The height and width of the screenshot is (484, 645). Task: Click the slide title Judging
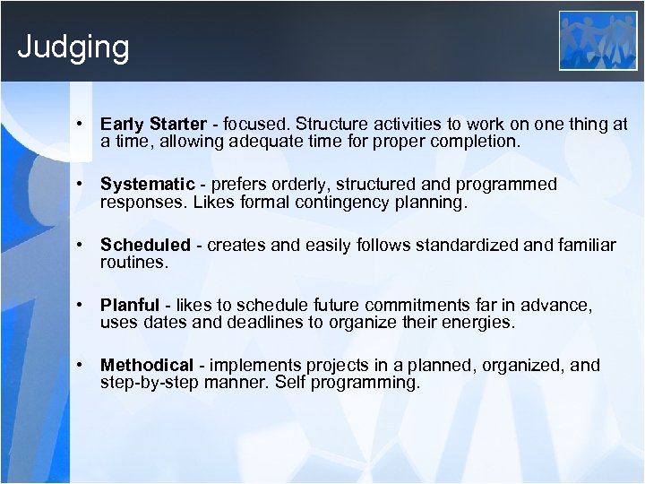point(73,47)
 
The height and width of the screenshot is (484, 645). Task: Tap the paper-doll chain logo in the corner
point(598,40)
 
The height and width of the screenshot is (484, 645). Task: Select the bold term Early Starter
point(153,124)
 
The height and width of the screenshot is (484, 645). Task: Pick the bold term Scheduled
point(145,245)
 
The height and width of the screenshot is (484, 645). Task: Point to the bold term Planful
point(130,305)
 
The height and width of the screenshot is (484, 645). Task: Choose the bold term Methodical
point(147,365)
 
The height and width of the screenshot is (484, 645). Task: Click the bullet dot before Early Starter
point(81,124)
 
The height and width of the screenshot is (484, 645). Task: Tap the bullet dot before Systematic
point(81,184)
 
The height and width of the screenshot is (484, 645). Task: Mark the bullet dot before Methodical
point(81,365)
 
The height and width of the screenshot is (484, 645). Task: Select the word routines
point(133,264)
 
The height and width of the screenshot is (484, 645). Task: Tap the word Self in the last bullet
point(283,383)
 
